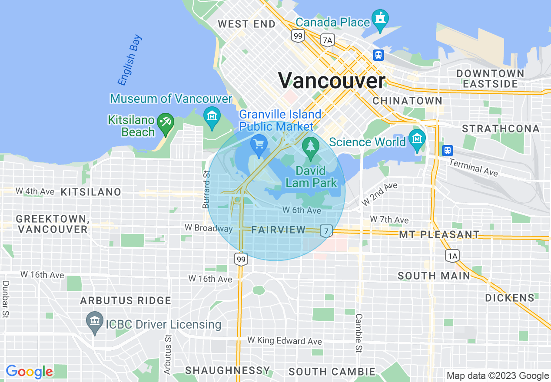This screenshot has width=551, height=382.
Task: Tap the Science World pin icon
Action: click(x=417, y=140)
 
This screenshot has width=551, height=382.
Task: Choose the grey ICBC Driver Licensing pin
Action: click(x=94, y=322)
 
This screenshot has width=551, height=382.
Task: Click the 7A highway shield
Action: click(x=328, y=40)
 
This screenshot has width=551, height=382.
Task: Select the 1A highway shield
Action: click(x=452, y=256)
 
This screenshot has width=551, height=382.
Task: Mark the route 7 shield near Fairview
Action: click(x=326, y=231)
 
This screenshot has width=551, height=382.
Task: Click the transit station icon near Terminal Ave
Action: click(x=447, y=151)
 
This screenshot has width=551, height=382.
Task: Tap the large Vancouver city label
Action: click(x=332, y=81)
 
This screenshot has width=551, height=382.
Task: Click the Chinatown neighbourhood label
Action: click(x=407, y=101)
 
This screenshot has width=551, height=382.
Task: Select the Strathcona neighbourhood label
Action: click(x=501, y=128)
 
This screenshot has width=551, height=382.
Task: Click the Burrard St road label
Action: click(x=206, y=189)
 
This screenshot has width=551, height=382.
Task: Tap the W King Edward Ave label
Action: click(x=285, y=341)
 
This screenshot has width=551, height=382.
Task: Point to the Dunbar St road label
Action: click(x=6, y=300)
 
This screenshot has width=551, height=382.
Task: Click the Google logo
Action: click(x=30, y=372)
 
